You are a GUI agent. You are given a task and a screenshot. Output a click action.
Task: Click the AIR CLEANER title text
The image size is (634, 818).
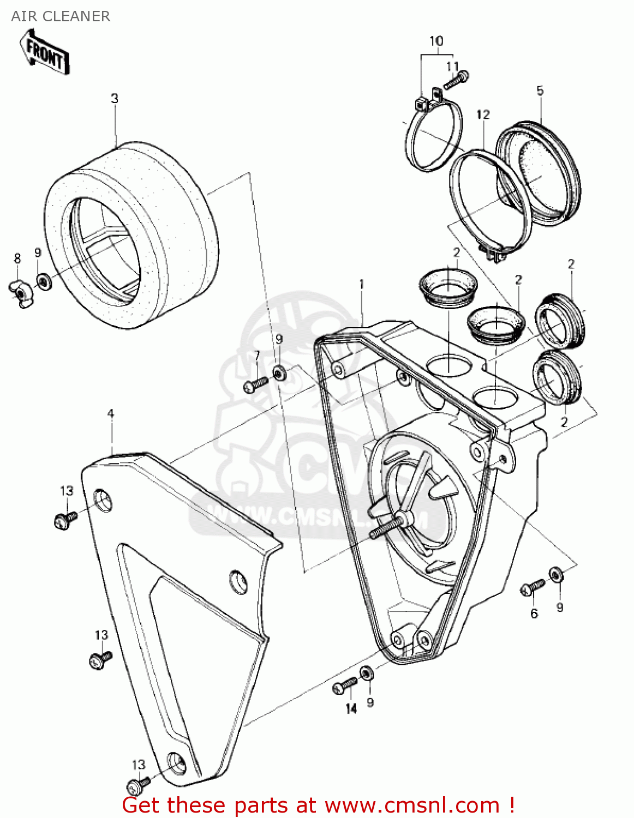tap(61, 16)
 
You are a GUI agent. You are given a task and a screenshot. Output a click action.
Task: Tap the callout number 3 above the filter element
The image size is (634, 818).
tap(115, 99)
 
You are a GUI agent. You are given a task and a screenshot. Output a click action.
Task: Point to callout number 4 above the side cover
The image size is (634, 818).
tap(111, 414)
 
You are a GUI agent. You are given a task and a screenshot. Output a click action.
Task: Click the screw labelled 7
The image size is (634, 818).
tap(255, 384)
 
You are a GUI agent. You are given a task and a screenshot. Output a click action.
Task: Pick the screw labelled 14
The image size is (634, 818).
tap(344, 685)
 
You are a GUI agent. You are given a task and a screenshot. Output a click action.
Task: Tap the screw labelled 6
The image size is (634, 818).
tap(532, 587)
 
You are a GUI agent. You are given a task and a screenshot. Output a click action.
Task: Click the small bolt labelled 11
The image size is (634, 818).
tap(456, 80)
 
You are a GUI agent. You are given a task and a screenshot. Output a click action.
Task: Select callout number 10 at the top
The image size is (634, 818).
tap(436, 41)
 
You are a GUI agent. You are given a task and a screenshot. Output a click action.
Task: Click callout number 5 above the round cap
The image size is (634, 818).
tap(540, 91)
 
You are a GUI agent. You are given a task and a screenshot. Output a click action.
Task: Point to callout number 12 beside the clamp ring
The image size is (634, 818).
tap(483, 115)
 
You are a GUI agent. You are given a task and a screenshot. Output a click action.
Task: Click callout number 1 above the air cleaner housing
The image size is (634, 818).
tap(361, 284)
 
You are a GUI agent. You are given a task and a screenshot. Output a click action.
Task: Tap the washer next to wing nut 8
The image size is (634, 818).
tap(43, 281)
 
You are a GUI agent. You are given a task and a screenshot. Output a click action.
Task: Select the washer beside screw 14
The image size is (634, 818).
tap(368, 673)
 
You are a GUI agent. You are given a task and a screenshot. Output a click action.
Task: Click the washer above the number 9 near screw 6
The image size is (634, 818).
tap(556, 574)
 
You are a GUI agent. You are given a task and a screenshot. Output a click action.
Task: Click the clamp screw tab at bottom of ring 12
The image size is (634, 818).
tap(493, 253)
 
